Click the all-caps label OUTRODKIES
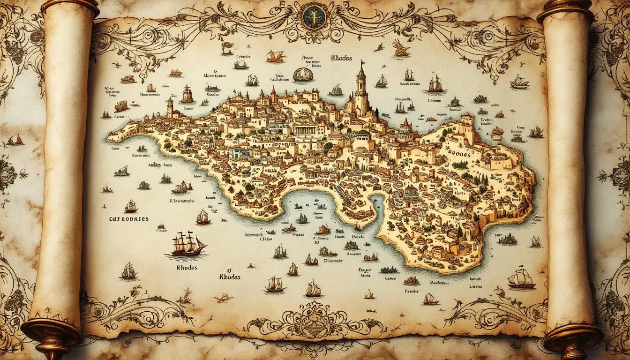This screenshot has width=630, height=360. [129, 218]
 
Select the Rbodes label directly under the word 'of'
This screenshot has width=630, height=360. [229, 277]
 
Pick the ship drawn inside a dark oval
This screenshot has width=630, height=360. [303, 74]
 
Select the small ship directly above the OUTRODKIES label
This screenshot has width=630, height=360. [130, 206]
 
